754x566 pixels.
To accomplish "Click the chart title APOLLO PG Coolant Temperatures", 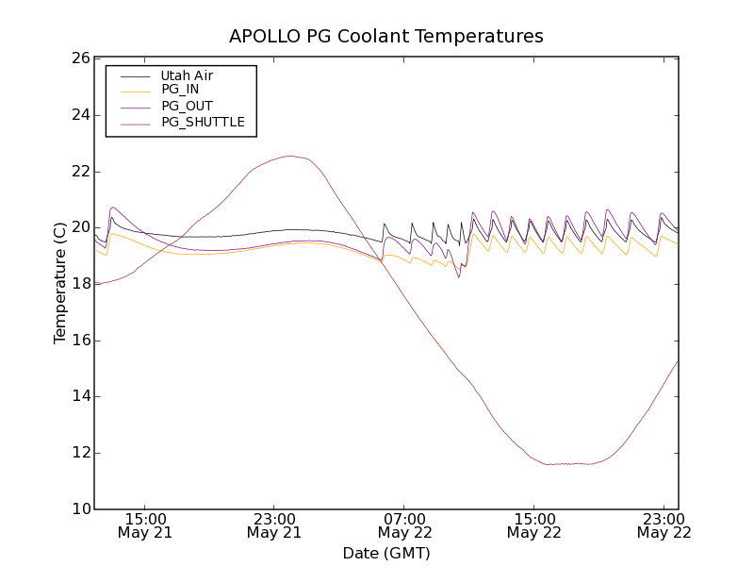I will point(386,37).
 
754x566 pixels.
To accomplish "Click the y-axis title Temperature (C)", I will point(60,283).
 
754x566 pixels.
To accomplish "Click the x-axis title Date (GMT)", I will point(386,553).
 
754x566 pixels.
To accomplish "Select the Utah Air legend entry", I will point(187,75).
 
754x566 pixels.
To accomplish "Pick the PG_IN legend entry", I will point(180,90).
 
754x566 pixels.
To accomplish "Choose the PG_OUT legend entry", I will point(187,106).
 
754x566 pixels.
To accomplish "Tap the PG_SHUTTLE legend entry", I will point(203,122).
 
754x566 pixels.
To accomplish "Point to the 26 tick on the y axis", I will point(79,58).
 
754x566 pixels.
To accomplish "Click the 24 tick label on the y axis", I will point(79,115).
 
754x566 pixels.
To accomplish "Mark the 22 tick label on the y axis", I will point(79,171).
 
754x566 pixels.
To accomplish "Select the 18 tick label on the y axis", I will point(79,284).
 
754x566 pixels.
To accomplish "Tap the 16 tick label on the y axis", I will point(79,341).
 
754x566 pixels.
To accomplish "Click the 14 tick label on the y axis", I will point(79,396).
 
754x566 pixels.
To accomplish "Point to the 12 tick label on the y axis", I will point(79,453).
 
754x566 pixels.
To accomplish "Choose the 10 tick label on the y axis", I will point(79,509).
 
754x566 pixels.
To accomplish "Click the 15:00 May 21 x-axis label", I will point(145,525).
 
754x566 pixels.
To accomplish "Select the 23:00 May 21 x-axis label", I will point(274,525).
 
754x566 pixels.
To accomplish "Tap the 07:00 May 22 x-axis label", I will point(404,525).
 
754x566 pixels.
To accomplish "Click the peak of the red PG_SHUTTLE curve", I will point(289,157).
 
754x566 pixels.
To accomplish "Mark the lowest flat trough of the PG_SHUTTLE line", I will point(565,464).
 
